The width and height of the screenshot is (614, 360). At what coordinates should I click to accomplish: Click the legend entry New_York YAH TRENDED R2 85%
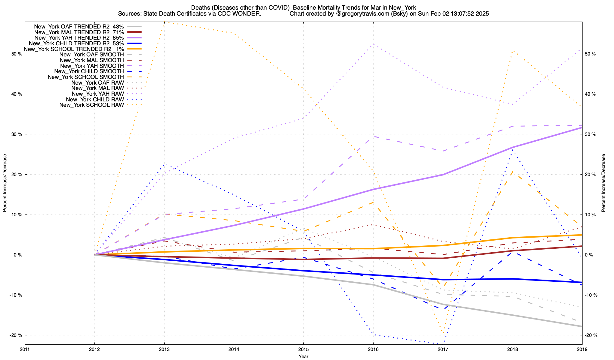click(x=79, y=38)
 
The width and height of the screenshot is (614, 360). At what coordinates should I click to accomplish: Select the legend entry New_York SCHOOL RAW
click(x=91, y=105)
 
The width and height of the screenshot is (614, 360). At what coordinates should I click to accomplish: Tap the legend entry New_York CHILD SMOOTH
click(x=89, y=71)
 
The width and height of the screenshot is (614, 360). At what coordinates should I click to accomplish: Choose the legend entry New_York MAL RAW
click(x=98, y=88)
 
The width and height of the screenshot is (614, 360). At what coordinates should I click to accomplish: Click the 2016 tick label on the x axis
click(x=373, y=349)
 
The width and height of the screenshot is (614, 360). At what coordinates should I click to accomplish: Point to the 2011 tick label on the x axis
click(x=25, y=349)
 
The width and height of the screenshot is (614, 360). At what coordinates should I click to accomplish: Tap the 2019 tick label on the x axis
click(x=582, y=349)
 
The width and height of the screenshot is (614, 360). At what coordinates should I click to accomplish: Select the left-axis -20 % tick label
click(x=16, y=335)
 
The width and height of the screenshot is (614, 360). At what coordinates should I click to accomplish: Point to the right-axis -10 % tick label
click(x=591, y=295)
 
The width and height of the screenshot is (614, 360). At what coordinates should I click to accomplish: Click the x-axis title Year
click(x=303, y=356)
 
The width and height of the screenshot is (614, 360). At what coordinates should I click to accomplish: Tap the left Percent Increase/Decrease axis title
click(x=5, y=183)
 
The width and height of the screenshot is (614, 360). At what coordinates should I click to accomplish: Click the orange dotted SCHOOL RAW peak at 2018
click(x=513, y=51)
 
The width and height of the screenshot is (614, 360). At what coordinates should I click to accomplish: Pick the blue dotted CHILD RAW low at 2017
click(x=443, y=344)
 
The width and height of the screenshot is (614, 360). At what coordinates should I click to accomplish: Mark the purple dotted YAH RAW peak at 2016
click(x=373, y=44)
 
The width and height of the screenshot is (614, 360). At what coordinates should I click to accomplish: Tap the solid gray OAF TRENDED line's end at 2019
click(x=582, y=326)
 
